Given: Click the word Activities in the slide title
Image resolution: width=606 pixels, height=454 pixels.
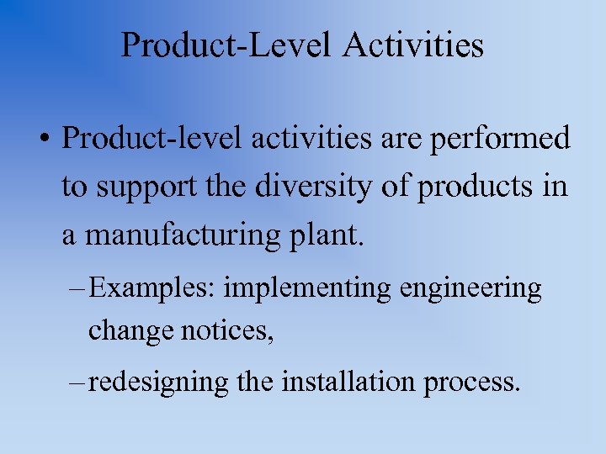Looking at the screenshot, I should [413, 45].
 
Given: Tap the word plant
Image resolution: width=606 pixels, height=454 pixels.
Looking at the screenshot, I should [334, 236].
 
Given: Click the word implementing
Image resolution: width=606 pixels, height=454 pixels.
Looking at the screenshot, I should [308, 290].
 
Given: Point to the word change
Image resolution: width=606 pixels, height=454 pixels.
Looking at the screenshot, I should [130, 332].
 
